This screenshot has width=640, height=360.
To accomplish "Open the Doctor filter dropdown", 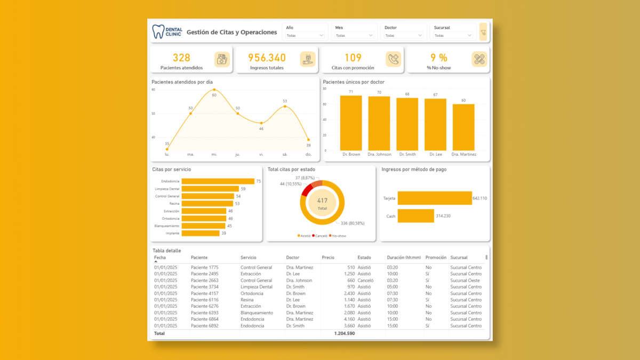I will tap(403, 35).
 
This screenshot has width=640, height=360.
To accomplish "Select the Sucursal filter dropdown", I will tap(453, 35).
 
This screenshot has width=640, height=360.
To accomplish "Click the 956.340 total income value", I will tap(267, 58).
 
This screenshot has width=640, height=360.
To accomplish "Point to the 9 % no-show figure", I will tap(439, 58).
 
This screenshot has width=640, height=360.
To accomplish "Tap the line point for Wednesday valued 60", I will tap(214, 90).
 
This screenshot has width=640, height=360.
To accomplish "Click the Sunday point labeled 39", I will tap(308, 140).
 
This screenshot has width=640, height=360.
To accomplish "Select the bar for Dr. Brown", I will tap(351, 123).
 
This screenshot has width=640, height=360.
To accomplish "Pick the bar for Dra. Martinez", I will tap(463, 127).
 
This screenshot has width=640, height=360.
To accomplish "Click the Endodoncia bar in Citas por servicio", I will tap(218, 181).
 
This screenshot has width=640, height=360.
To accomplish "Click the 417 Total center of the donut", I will tap(322, 203).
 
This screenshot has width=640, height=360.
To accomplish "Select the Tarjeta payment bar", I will tap(435, 198).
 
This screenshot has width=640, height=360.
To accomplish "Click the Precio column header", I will tap(328, 258).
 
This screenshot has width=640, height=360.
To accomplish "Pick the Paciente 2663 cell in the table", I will tap(205, 281).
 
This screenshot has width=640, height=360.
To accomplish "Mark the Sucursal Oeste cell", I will tap(465, 281).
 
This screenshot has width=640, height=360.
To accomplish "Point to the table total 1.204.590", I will tap(344, 333).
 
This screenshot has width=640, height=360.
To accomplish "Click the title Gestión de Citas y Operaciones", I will tap(232, 32).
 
